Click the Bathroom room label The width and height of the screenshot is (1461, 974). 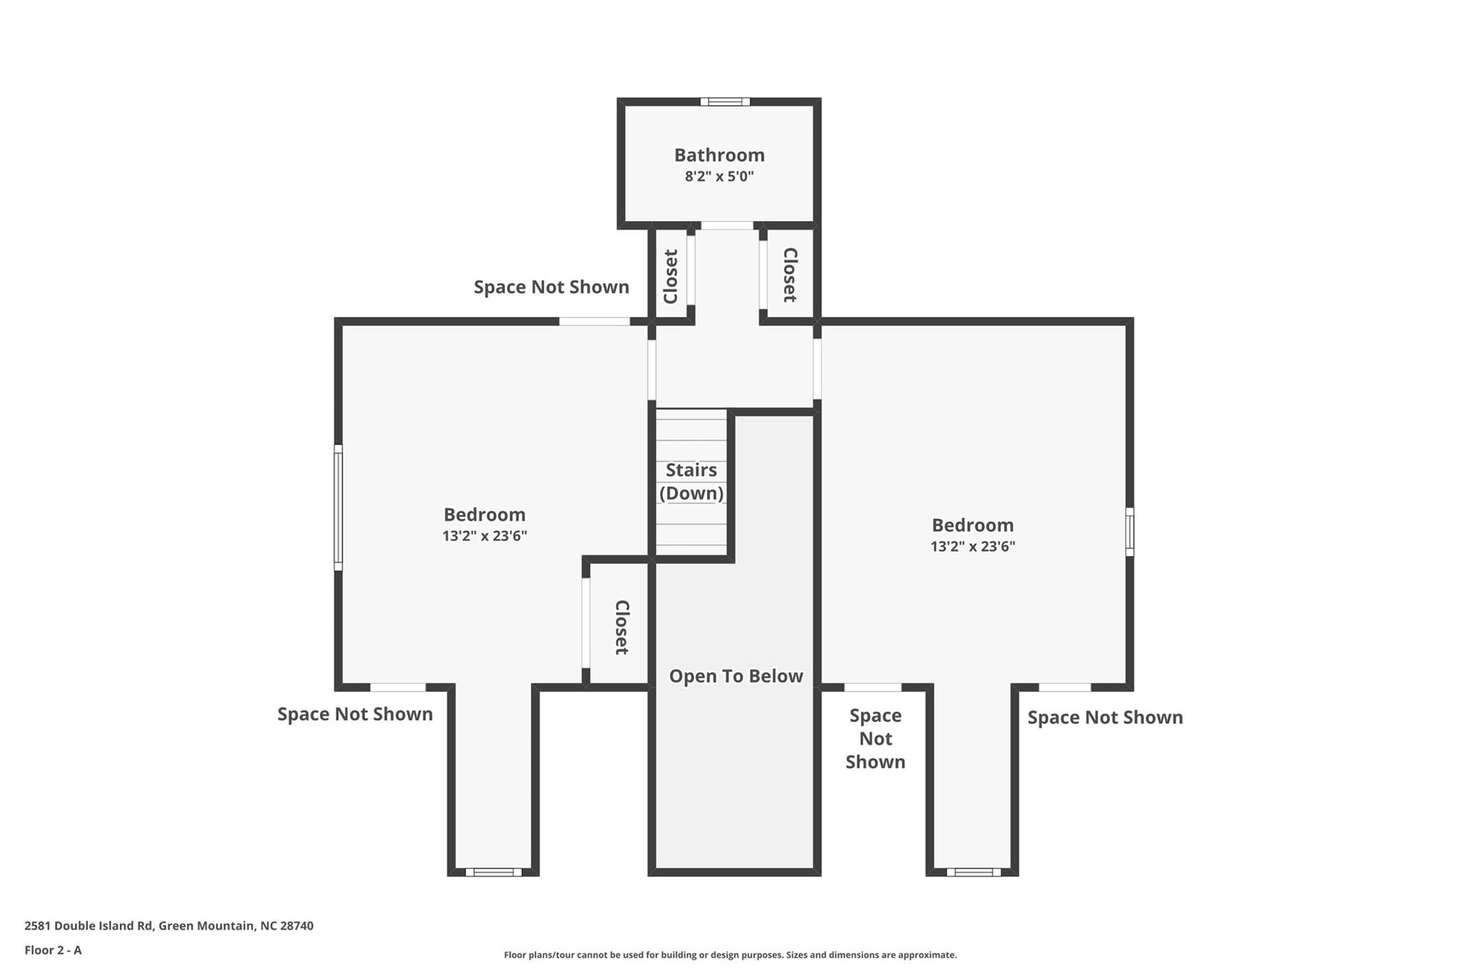pos(719,155)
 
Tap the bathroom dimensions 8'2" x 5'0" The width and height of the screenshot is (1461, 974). pos(719,176)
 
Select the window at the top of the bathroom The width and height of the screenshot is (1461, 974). pos(725,101)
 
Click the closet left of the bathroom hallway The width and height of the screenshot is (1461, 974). pos(671,276)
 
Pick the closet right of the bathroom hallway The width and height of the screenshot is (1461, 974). pos(790,275)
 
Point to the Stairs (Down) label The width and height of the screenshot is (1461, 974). pos(691,482)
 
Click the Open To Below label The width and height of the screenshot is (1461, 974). pos(735,676)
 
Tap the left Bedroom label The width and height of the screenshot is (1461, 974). pos(484,514)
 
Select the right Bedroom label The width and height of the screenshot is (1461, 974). pos(972,525)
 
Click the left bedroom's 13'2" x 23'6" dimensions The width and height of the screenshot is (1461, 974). pos(484,536)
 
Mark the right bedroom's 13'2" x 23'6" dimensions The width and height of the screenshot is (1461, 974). pos(972,547)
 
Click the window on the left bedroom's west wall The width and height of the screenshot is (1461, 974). pos(338,507)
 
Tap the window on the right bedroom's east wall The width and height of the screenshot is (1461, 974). pos(1129,532)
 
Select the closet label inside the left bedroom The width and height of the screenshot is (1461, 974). pos(621,627)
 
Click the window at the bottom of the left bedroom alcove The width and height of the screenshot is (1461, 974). pos(494,872)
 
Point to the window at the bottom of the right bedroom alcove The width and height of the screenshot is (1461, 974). pos(973,872)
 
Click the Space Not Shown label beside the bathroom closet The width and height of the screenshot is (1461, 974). pos(551,287)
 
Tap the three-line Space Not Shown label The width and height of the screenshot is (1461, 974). pos(875,739)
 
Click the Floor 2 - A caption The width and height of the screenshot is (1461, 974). pos(53,950)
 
